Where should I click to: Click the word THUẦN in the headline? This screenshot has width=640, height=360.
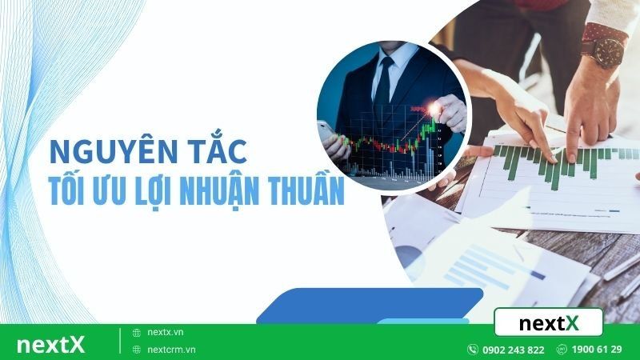click(x=311, y=192)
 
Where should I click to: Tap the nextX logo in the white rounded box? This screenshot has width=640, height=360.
click(x=548, y=323)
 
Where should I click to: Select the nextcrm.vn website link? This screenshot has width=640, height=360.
click(x=170, y=350)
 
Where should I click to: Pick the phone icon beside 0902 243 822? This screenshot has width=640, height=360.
click(x=473, y=350)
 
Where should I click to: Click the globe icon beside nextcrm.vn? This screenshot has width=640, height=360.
click(x=137, y=350)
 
